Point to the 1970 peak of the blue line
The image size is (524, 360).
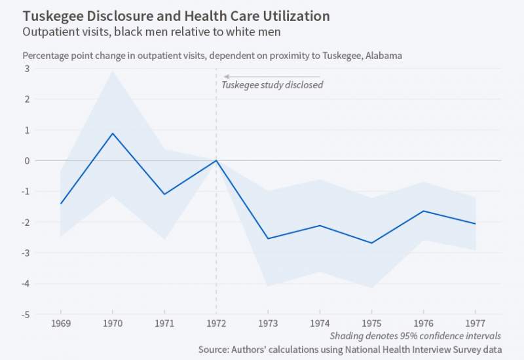click(113, 134)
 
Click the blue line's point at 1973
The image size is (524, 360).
click(268, 238)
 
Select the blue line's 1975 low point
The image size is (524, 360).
click(371, 243)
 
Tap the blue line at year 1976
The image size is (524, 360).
click(423, 211)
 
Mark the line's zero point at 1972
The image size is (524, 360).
click(216, 160)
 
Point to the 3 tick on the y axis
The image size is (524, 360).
click(28, 69)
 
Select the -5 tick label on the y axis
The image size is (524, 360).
click(26, 314)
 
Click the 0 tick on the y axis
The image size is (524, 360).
click(28, 160)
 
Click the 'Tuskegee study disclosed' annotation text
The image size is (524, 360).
click(272, 85)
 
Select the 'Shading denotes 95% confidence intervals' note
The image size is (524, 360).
click(415, 335)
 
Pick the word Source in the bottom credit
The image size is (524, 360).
click(215, 350)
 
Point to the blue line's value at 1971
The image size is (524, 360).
click(164, 194)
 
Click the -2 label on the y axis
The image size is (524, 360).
click(26, 222)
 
